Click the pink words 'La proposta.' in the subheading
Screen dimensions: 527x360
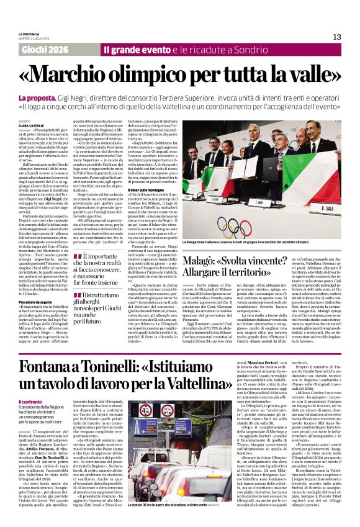click(x=38, y=98)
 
